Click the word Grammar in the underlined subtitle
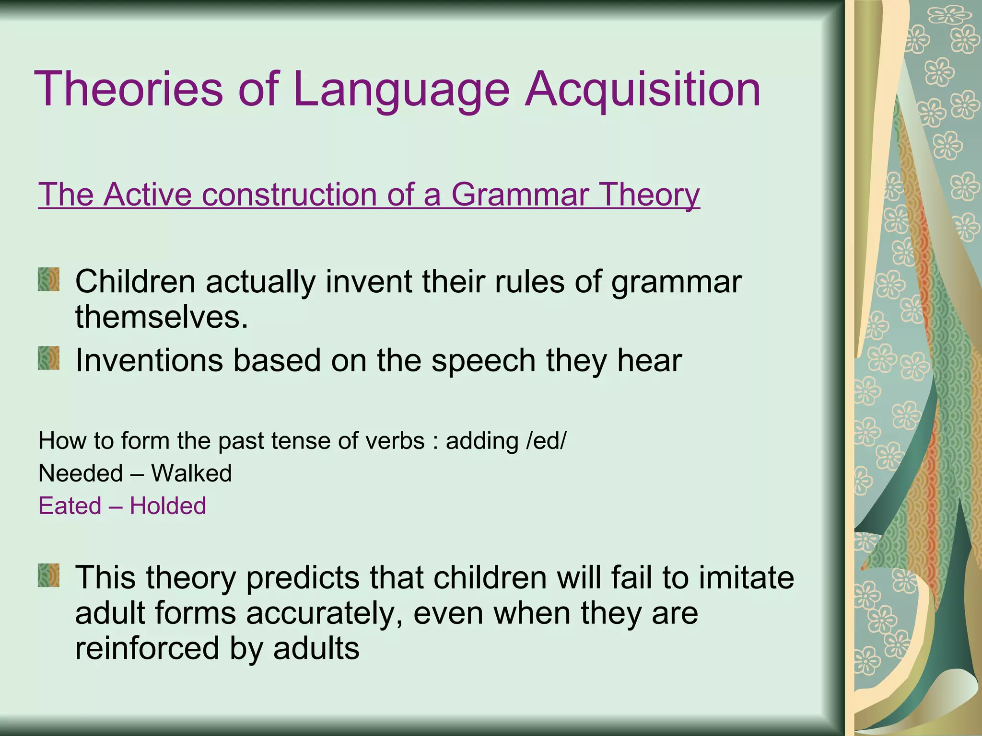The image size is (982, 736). tap(520, 195)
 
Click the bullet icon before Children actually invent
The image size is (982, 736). tap(49, 279)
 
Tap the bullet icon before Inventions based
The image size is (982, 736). tap(49, 358)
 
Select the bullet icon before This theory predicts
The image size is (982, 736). tap(49, 575)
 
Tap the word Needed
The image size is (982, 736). tap(81, 473)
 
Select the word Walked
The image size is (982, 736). tap(191, 473)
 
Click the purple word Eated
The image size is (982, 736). tap(70, 506)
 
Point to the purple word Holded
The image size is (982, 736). tap(168, 506)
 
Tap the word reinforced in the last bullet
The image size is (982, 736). tap(147, 648)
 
